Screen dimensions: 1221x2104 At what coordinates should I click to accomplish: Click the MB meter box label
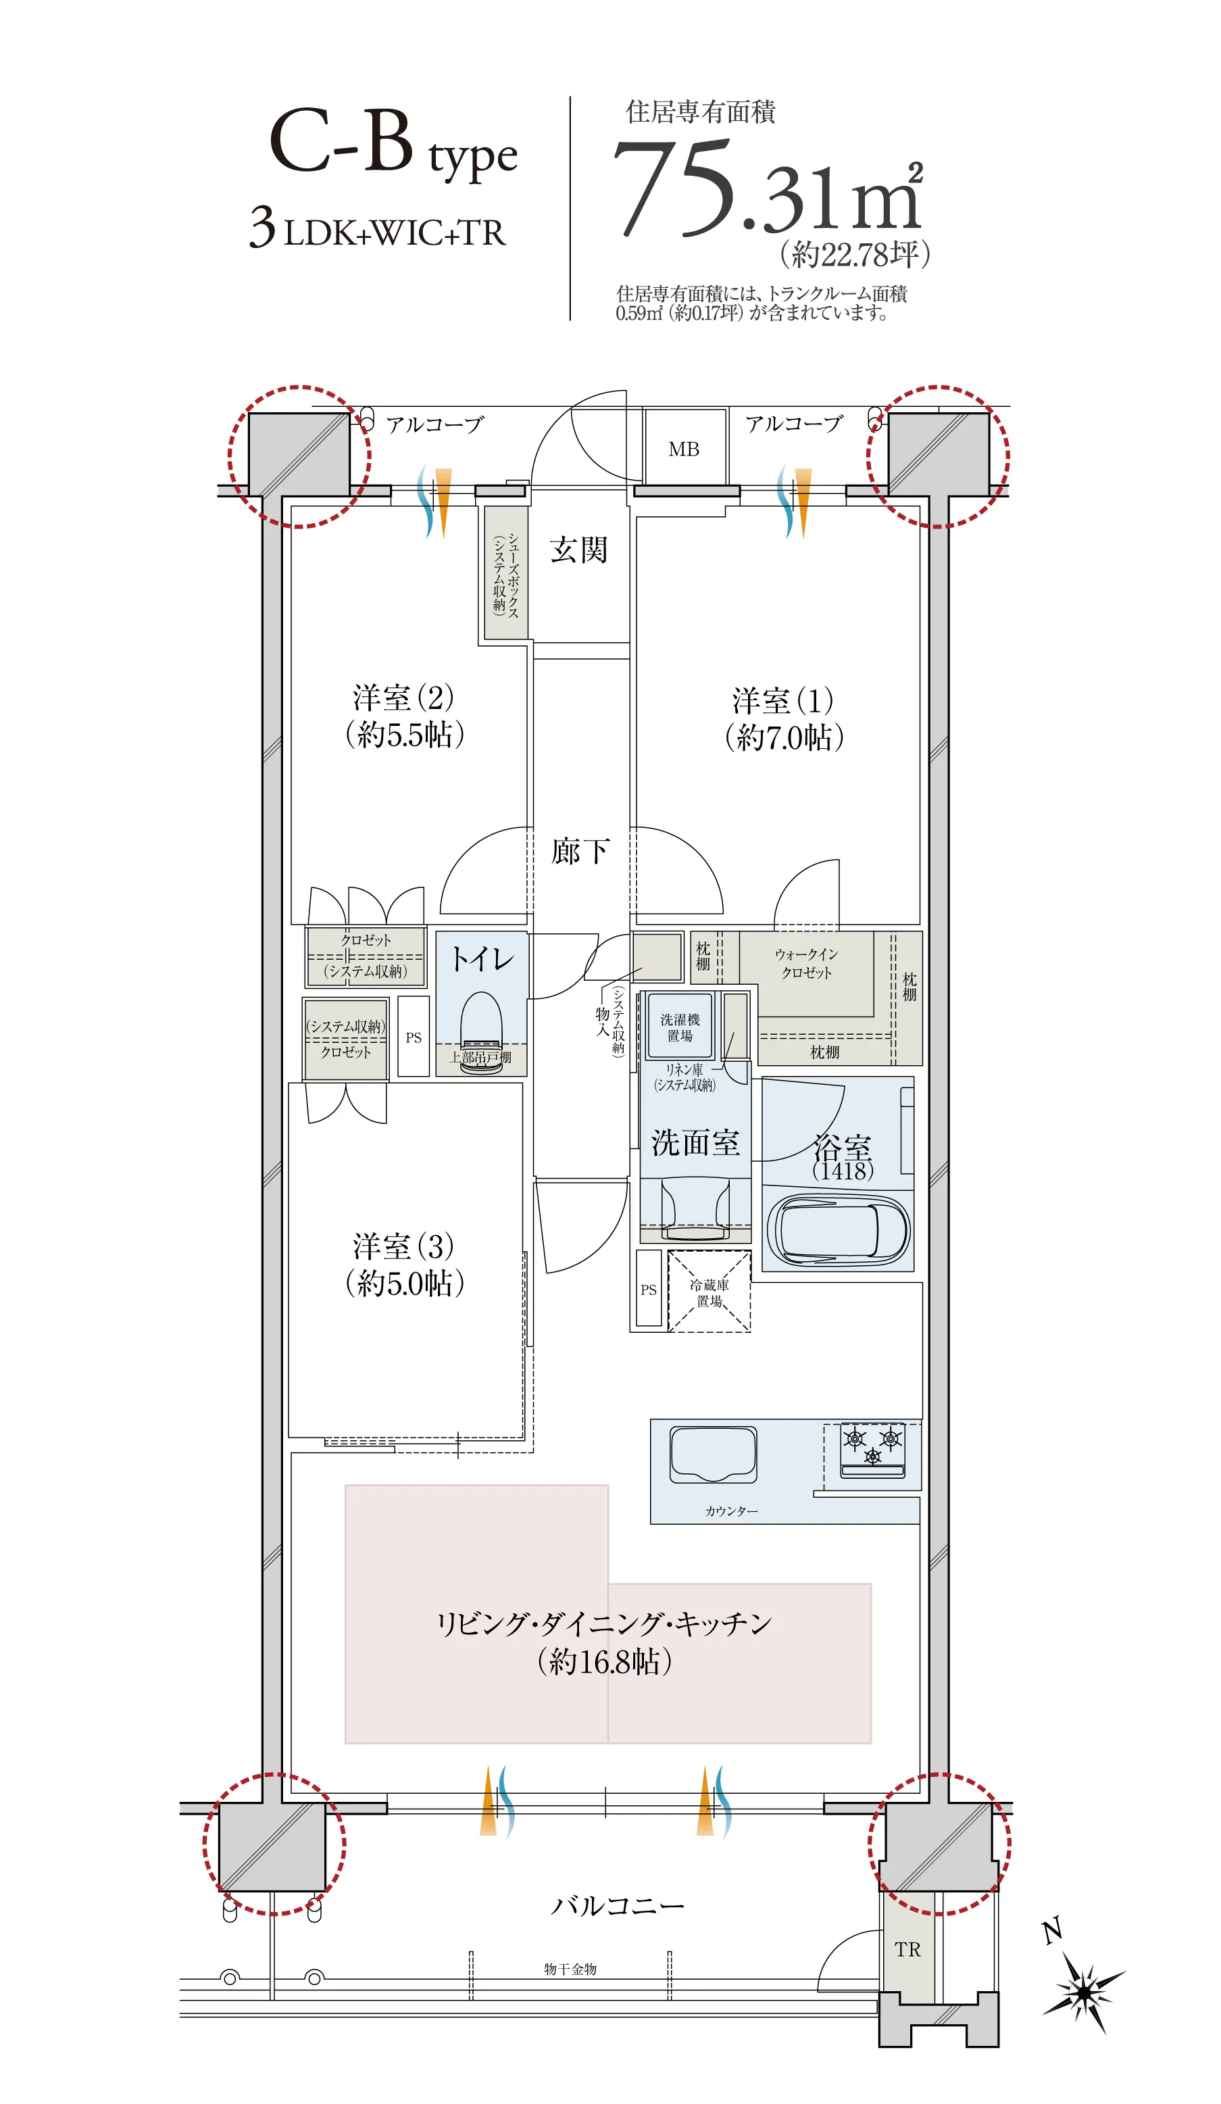point(684,449)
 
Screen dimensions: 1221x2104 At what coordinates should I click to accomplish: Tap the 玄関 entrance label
point(578,550)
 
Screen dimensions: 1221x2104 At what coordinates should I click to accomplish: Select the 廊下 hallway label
point(580,852)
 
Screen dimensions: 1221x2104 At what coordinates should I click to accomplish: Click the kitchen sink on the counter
point(714,1454)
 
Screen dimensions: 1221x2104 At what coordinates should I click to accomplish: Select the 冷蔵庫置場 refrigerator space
point(709,1291)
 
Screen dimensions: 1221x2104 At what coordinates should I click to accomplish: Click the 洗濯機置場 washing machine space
point(680,1027)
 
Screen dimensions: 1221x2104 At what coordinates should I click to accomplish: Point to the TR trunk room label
point(907,1949)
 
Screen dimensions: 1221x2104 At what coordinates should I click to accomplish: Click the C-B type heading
point(393,143)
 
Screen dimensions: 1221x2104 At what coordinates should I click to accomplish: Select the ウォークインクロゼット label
point(806,964)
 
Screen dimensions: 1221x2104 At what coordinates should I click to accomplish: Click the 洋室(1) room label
point(784,719)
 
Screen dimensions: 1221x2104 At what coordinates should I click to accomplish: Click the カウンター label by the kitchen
point(731,1511)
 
